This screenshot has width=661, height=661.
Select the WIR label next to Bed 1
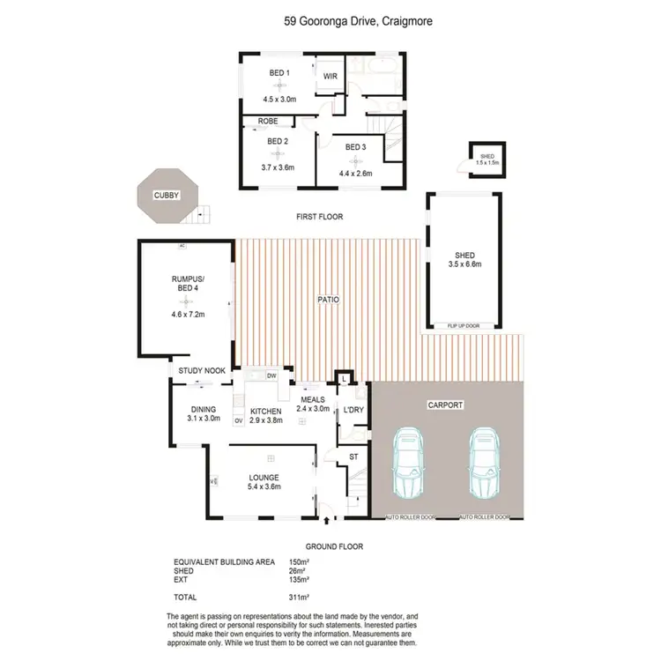pos(330,76)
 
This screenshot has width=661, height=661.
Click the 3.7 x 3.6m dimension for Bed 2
pos(278,167)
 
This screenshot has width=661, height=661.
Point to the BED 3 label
pos(354,146)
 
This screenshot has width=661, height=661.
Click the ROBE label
pos(268,122)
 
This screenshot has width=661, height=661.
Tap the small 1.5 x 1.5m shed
pos(486,159)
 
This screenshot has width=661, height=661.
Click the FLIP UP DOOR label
pos(463,325)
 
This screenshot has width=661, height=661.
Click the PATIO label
pos(329,300)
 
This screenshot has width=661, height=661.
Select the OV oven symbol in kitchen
pos(238,420)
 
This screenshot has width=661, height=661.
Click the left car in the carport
pos(411,463)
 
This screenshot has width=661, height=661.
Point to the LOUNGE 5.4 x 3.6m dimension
pos(264,486)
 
